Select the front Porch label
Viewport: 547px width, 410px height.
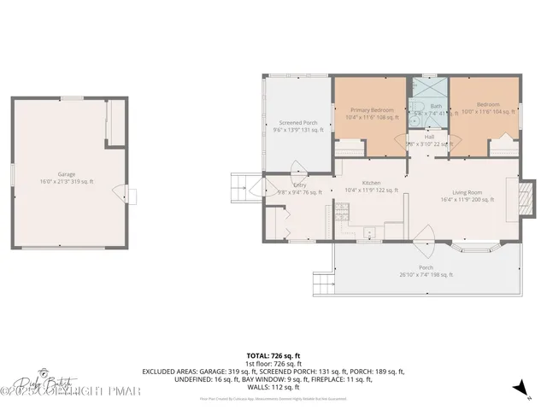(426, 271)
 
